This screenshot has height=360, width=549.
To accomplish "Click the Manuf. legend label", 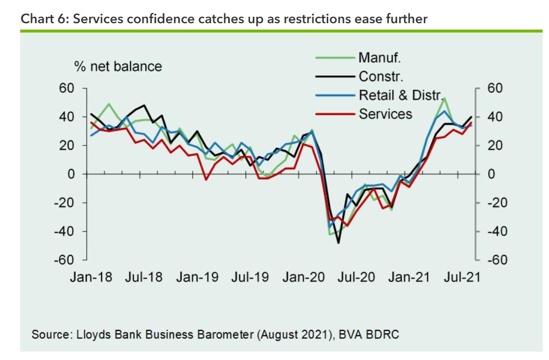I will click(379, 58).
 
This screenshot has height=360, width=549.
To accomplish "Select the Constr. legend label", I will click(381, 76).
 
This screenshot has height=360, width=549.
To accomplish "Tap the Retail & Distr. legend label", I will click(402, 95).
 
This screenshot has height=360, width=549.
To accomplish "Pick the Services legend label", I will click(385, 114).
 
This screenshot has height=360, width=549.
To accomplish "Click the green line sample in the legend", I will click(335, 58).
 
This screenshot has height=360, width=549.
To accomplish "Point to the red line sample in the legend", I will click(335, 114).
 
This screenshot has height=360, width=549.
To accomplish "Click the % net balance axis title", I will click(118, 66).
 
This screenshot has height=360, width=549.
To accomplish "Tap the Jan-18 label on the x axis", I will click(91, 277).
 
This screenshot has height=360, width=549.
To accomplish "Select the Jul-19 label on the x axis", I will click(250, 277).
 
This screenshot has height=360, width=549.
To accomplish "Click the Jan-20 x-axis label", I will click(304, 277).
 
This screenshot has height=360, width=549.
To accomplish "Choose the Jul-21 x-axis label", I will click(462, 277).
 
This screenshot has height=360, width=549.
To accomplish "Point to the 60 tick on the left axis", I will click(67, 88).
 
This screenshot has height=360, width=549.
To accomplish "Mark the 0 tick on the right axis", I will click(491, 174).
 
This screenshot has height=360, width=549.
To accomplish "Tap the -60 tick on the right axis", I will click(494, 260).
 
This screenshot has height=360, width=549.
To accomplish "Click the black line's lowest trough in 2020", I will click(339, 243).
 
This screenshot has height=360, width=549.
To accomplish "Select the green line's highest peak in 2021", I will click(445, 98).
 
